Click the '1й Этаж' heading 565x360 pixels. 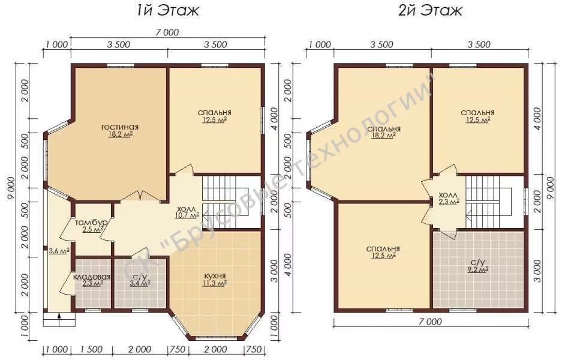pos(167,10)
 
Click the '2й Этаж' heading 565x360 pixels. pos(430,10)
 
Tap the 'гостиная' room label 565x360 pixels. pos(120,127)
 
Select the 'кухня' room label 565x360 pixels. pos(215,276)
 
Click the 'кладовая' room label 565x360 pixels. pos(92,277)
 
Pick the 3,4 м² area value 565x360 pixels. pos(140,283)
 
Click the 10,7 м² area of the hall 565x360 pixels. pos(188,215)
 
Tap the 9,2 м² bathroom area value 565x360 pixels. pos(477,269)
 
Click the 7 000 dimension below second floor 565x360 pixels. pos(431,321)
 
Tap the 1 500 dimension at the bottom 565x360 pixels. pos(91,349)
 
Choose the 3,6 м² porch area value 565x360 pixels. pos(59,251)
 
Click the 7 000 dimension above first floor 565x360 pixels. pos(167,32)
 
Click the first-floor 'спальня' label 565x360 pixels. pos(214,112)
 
